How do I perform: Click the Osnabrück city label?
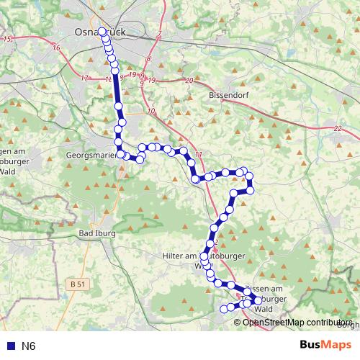(101, 32)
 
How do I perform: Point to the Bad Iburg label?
(97, 235)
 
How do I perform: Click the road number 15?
(9, 37)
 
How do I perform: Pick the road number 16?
(56, 48)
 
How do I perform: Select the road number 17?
(85, 78)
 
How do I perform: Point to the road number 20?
(189, 81)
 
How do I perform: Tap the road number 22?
(338, 128)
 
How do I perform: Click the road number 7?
(158, 35)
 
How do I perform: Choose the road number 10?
(150, 111)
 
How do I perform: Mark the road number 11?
(199, 153)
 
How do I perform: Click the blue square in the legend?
(9, 346)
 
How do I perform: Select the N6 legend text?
(28, 346)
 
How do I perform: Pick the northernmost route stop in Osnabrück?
(102, 32)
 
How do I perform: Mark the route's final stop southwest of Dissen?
(222, 309)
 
